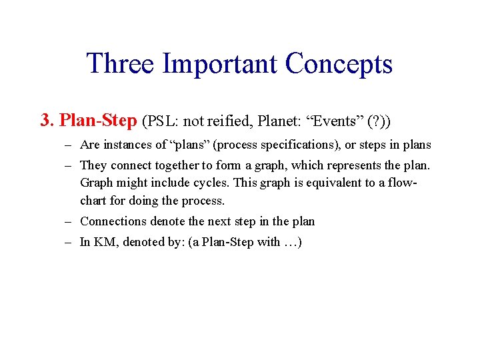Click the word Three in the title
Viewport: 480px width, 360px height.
pyautogui.click(x=121, y=63)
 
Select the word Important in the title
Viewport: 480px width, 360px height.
pyautogui.click(x=220, y=63)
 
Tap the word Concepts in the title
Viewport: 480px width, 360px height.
pyautogui.click(x=339, y=63)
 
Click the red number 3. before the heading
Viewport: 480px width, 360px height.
pyautogui.click(x=47, y=120)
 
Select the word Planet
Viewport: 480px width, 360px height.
pyautogui.click(x=275, y=121)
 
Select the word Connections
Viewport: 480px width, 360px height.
pyautogui.click(x=111, y=221)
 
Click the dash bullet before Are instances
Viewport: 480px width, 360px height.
pyautogui.click(x=69, y=145)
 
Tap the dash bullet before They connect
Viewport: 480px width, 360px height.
pyautogui.click(x=69, y=164)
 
